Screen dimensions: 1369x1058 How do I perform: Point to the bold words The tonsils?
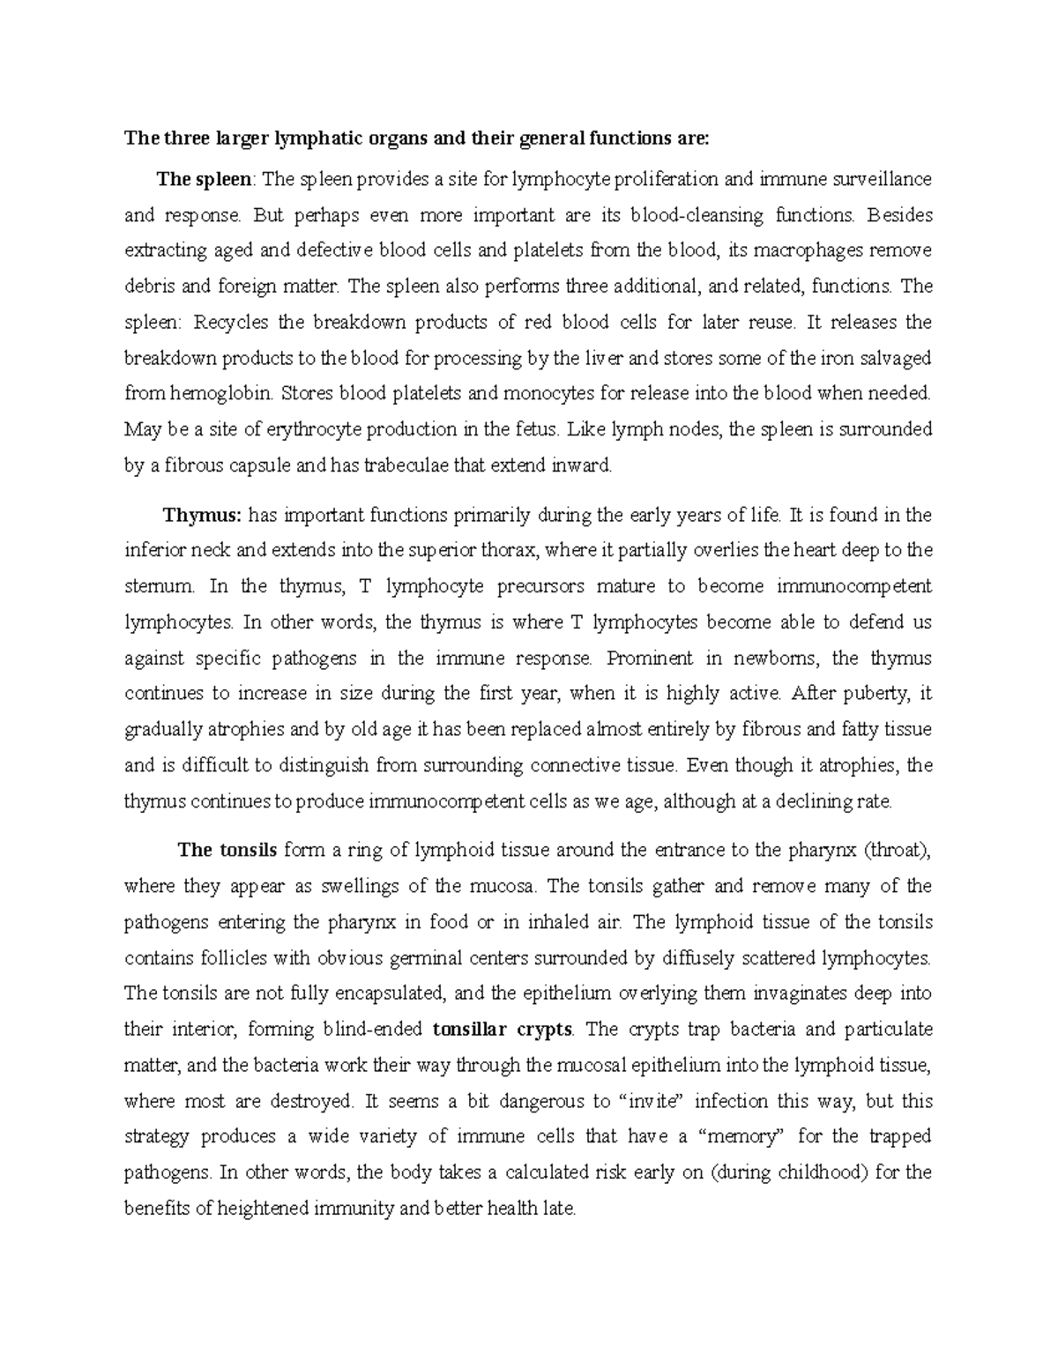227,851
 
